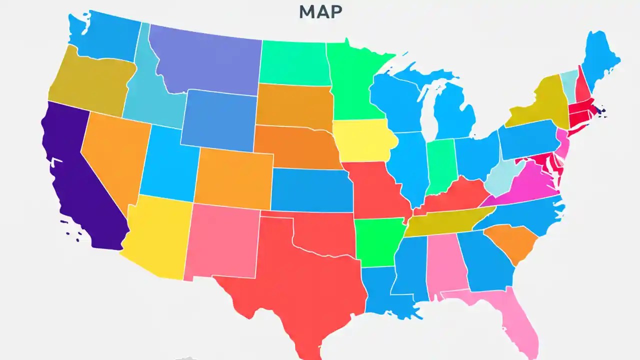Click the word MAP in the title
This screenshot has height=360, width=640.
point(320,12)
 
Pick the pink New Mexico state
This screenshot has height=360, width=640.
point(222,240)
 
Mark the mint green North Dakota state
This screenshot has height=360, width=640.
point(294,62)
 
